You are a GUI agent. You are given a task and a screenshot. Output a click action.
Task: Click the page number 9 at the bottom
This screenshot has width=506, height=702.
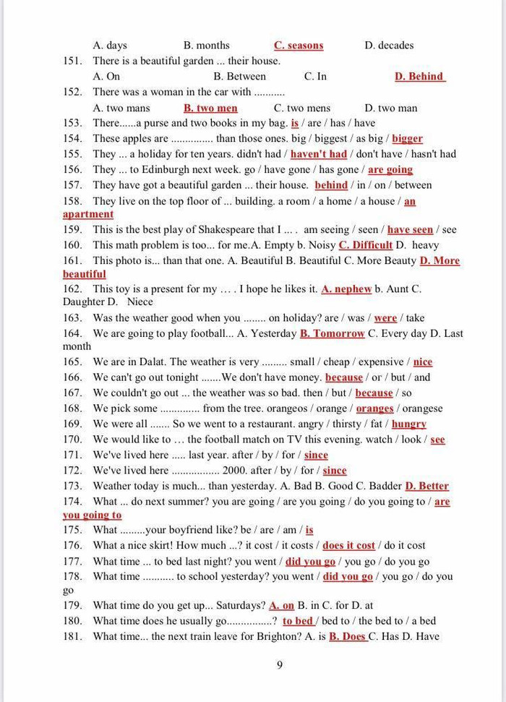[280, 665]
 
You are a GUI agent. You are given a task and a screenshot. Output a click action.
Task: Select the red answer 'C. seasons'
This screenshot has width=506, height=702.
[299, 46]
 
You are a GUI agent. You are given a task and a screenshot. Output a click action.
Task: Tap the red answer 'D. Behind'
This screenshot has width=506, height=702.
[419, 77]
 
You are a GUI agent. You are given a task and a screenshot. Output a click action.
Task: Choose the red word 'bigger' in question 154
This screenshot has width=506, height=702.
[407, 139]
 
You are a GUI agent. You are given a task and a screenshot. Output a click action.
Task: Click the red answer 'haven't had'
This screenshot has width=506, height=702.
[319, 154]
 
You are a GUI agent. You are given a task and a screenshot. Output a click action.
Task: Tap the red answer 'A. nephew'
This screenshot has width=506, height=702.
[346, 289]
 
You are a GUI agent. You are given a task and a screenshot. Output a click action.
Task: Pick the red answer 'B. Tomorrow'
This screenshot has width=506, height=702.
[333, 334]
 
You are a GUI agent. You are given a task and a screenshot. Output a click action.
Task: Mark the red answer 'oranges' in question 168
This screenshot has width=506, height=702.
[374, 408]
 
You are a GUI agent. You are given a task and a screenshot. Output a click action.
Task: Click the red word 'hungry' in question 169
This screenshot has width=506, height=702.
[409, 424]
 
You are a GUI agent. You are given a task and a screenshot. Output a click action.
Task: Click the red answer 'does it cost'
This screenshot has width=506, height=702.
[349, 546]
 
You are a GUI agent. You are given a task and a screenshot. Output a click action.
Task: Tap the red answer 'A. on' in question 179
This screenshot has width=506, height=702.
[282, 606]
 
